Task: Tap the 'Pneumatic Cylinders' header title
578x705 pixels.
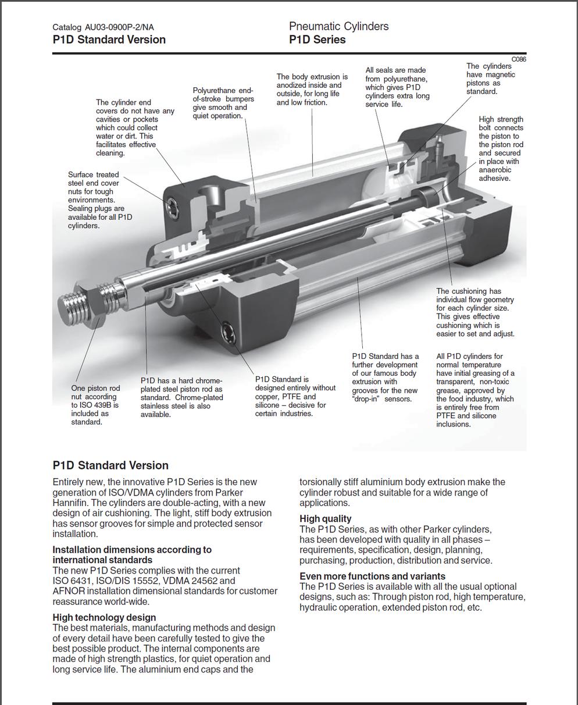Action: [338, 26]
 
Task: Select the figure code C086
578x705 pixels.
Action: [519, 59]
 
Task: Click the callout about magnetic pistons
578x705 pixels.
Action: [490, 79]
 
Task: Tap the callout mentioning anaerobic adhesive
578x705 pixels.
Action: [501, 149]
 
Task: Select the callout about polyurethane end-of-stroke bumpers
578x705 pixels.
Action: [223, 103]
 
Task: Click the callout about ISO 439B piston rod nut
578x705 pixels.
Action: [95, 405]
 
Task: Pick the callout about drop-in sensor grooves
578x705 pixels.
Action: [385, 378]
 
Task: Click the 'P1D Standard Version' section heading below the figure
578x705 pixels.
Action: [110, 465]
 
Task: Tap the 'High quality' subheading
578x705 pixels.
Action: [326, 518]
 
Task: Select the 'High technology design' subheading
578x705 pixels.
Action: [104, 617]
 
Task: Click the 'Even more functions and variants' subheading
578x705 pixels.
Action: [372, 576]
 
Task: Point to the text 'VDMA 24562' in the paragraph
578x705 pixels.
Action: [195, 581]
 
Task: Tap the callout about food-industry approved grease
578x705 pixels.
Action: [474, 390]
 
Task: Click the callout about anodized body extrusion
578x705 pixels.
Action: [312, 90]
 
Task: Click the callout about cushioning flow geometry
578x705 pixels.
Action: [474, 312]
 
